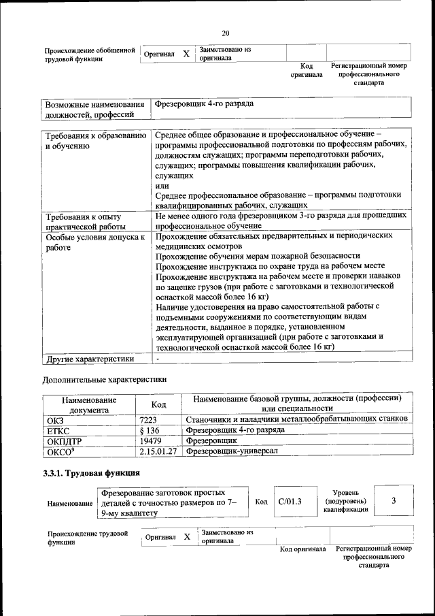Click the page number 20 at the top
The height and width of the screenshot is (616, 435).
(x=226, y=33)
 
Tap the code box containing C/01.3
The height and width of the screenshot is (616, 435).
(x=290, y=502)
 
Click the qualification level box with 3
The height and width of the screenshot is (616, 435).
(x=393, y=502)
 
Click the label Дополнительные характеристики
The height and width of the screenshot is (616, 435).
(x=104, y=378)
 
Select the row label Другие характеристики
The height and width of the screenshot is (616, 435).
(x=89, y=359)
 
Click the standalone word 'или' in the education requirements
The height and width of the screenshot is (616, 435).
(x=162, y=185)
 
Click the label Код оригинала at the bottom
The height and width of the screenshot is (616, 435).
(x=303, y=549)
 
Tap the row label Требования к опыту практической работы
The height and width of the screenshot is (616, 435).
(x=84, y=221)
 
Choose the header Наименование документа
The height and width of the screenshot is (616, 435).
(x=89, y=405)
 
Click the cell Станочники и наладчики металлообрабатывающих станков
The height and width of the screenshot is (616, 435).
(x=297, y=419)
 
